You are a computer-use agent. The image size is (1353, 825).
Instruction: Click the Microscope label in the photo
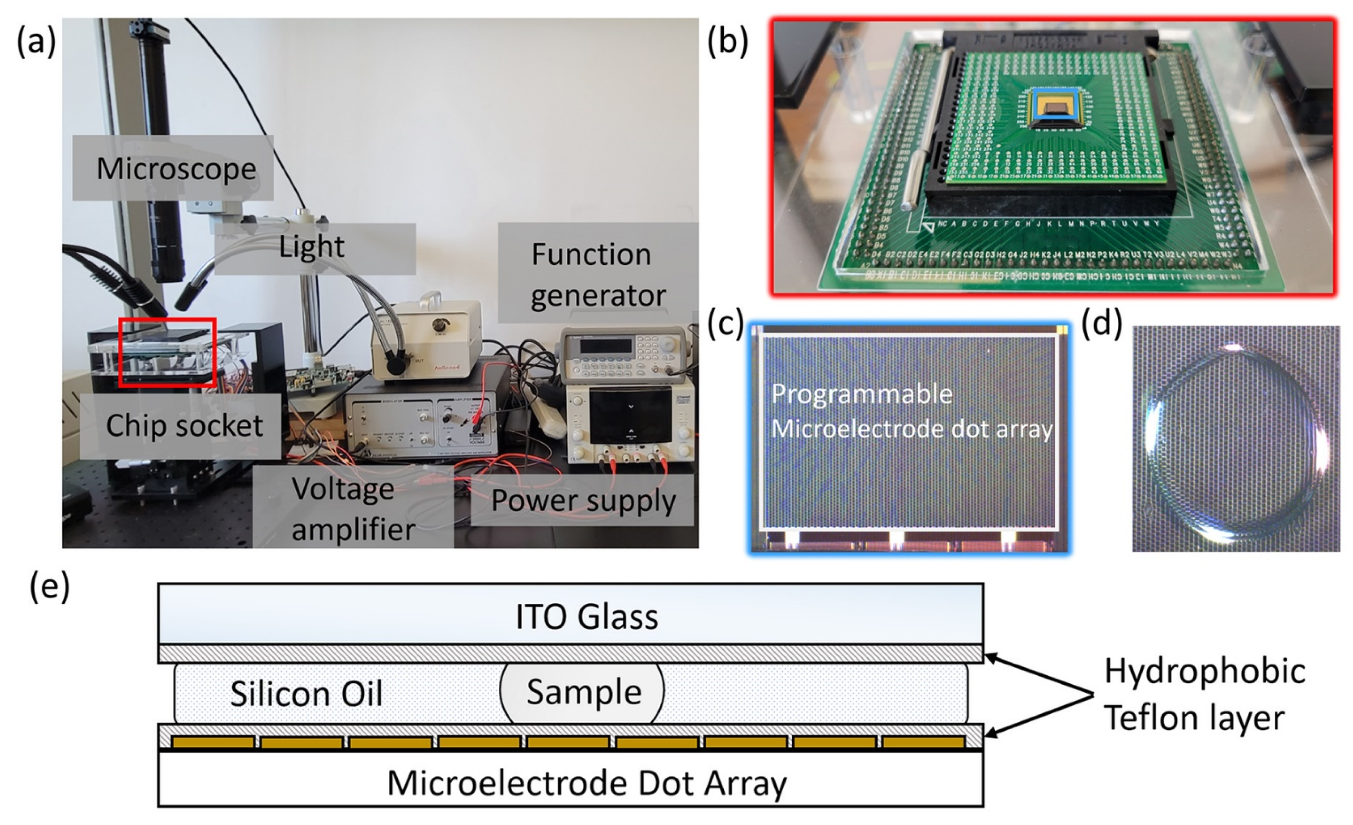coord(176,169)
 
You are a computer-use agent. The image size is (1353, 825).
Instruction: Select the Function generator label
coord(597,275)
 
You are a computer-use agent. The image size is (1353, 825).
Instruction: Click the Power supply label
coord(583,501)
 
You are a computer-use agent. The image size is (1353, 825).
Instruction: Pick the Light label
coord(312,247)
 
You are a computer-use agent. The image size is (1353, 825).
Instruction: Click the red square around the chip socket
coord(167,320)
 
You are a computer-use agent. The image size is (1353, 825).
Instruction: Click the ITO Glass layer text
coord(586,616)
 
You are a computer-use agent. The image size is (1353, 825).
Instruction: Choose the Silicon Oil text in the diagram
coord(306,694)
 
